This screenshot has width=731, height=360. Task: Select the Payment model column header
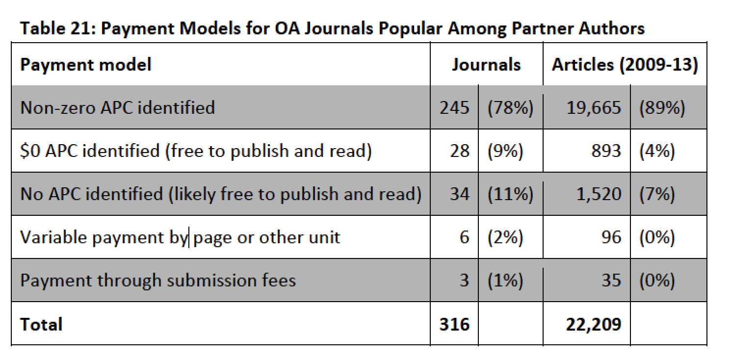pos(86,65)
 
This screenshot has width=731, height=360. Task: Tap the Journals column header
pos(486,65)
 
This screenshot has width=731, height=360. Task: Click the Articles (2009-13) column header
pos(625,65)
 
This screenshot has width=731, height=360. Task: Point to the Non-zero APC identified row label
pos(118,107)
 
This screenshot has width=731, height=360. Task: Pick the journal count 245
pos(454,107)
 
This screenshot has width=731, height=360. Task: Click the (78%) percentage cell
pos(510,107)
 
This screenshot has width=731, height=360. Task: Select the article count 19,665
pos(594,107)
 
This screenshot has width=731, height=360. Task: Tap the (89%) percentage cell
pos(662,107)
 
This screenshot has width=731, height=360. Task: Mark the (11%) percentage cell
pos(510,194)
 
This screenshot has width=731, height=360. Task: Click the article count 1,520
pos(598,194)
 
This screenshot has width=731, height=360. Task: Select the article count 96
pos(611,237)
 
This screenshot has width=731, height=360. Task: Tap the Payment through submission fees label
pos(158,281)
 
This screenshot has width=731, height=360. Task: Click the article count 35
pos(611,281)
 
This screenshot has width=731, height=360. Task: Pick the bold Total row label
pos(41,324)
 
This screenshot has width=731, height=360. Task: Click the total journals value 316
pos(454,324)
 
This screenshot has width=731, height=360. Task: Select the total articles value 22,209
pos(594,324)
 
